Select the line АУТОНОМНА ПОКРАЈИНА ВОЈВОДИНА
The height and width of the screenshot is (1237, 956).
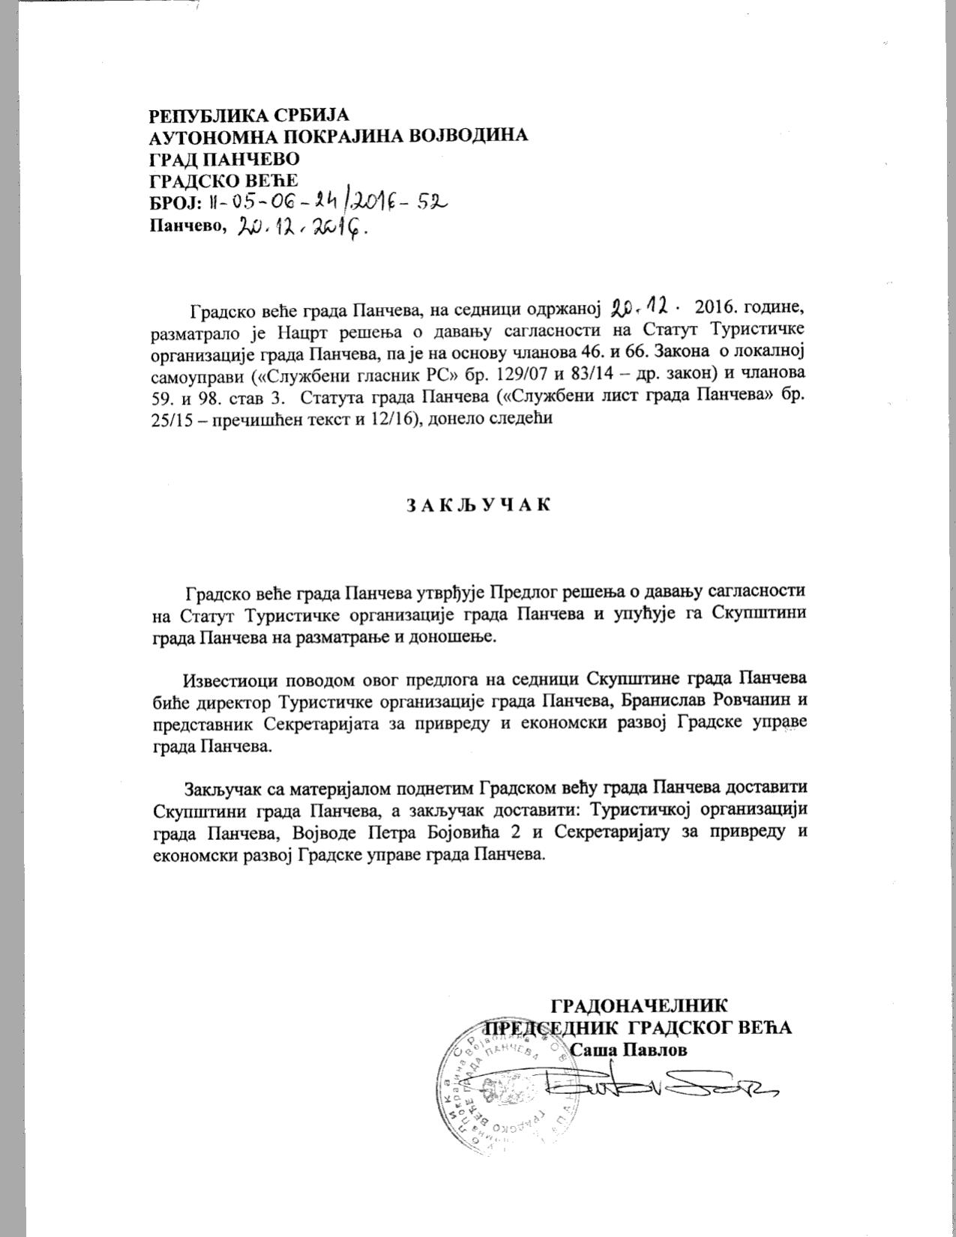click(339, 136)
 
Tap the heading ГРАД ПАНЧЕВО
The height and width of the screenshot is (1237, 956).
click(225, 159)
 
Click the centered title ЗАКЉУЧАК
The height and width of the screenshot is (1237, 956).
click(478, 504)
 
